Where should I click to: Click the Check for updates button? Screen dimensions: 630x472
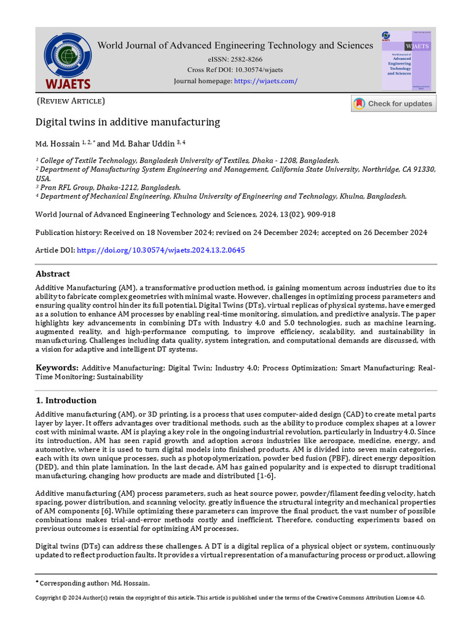point(393,103)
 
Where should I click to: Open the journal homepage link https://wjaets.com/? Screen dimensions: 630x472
point(266,81)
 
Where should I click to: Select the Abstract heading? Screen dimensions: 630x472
point(53,274)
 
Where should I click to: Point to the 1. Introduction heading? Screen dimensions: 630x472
point(66,401)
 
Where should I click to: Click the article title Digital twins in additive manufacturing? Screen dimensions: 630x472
point(127,122)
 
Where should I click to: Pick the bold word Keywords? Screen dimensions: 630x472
point(57,367)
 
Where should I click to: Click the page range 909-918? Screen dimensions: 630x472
point(318,214)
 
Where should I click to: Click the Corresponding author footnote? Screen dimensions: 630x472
point(93,583)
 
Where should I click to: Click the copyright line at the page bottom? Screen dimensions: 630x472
point(230,597)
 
